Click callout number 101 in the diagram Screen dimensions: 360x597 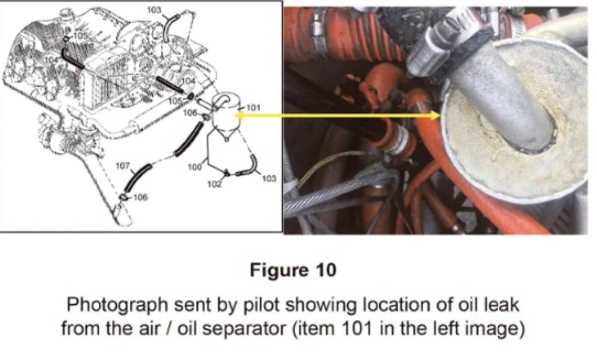251,107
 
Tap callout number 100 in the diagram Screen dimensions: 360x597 194,167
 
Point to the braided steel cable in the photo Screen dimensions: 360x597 318,199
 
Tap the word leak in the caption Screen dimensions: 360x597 500,304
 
